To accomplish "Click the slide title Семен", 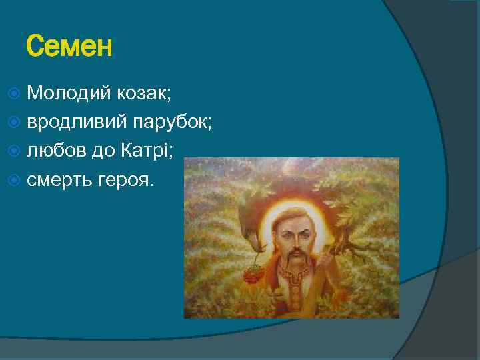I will pos(69,47).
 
